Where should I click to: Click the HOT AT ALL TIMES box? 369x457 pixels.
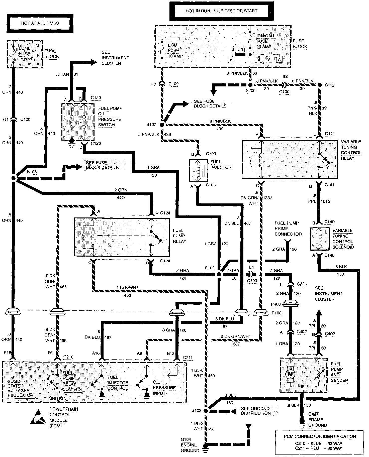click(x=40, y=23)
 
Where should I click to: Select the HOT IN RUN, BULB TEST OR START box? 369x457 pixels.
click(x=221, y=11)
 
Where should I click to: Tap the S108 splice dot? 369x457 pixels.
click(x=14, y=178)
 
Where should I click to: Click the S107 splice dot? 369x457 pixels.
click(x=162, y=125)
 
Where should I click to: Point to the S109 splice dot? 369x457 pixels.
click(x=219, y=274)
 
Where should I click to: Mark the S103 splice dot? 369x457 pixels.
click(x=206, y=411)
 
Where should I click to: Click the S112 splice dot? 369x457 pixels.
click(x=320, y=85)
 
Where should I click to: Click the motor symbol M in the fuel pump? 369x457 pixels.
click(x=291, y=374)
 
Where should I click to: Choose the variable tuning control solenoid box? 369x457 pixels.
click(x=320, y=239)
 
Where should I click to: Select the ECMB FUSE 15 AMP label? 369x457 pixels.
click(x=24, y=54)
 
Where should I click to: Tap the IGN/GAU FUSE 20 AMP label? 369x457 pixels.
click(x=265, y=41)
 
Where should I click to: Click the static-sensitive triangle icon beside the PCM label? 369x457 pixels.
click(x=39, y=418)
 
